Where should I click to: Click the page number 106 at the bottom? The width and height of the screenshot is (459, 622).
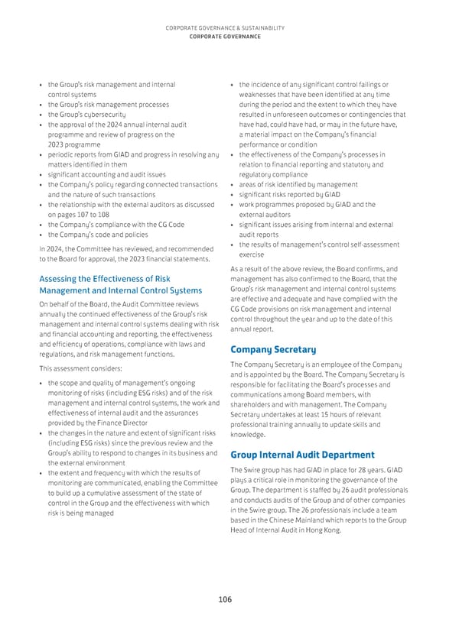point(224,599)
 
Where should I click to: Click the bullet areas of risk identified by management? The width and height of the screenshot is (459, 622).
point(298,184)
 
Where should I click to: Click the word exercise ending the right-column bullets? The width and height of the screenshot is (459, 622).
point(252,254)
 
